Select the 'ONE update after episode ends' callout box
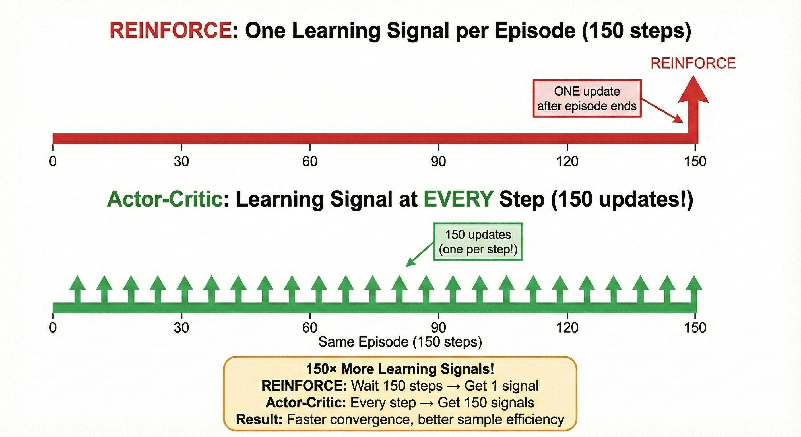click(587, 99)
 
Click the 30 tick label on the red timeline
click(181, 161)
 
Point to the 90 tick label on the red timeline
click(438, 161)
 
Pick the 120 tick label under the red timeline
click(567, 161)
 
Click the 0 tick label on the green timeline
click(53, 327)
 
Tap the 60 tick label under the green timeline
click(310, 327)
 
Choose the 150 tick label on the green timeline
click(695, 327)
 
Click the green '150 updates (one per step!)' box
click(478, 242)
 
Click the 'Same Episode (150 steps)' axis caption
click(400, 342)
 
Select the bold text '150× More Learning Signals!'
click(400, 369)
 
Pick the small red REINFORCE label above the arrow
click(693, 63)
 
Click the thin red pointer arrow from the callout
click(662, 111)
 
